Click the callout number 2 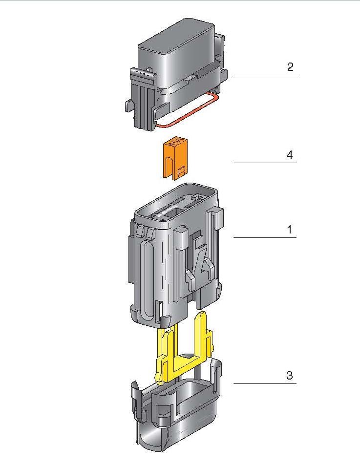tap(290, 67)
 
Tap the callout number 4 tap(290, 155)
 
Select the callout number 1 tap(290, 230)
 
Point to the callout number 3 tap(290, 376)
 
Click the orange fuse tap(175, 159)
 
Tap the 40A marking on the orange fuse tap(175, 145)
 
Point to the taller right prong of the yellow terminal tap(200, 332)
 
